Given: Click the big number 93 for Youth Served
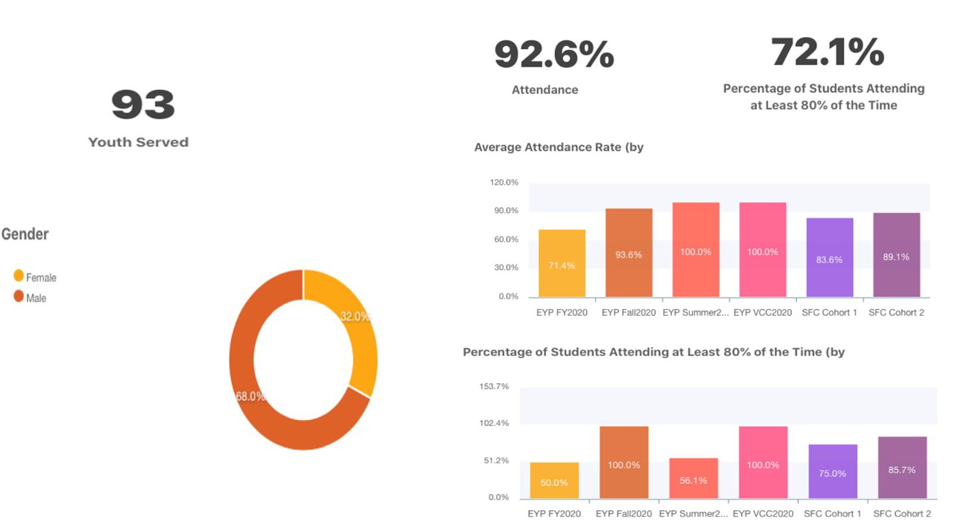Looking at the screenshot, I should [143, 104].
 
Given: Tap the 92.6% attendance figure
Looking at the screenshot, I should [554, 54].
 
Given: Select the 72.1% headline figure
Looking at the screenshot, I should [828, 52].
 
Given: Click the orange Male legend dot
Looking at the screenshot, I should [18, 296].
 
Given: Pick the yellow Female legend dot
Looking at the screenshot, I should [18, 275].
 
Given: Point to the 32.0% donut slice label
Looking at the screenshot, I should [355, 316].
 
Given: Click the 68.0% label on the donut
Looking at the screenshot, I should [250, 396].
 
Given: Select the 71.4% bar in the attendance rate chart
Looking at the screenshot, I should [562, 263].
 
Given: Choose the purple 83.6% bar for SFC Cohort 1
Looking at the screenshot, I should [829, 257].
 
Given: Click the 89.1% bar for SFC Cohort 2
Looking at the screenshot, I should [896, 255].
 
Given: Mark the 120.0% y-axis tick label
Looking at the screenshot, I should [504, 182].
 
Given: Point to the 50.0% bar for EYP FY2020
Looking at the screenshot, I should [554, 480].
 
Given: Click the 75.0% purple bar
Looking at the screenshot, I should [832, 471].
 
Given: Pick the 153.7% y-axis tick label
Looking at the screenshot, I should [494, 386].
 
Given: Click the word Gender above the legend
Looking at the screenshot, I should [25, 234].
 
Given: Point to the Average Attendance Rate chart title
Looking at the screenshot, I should [559, 147].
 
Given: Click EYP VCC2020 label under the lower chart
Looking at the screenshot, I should [763, 513].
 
